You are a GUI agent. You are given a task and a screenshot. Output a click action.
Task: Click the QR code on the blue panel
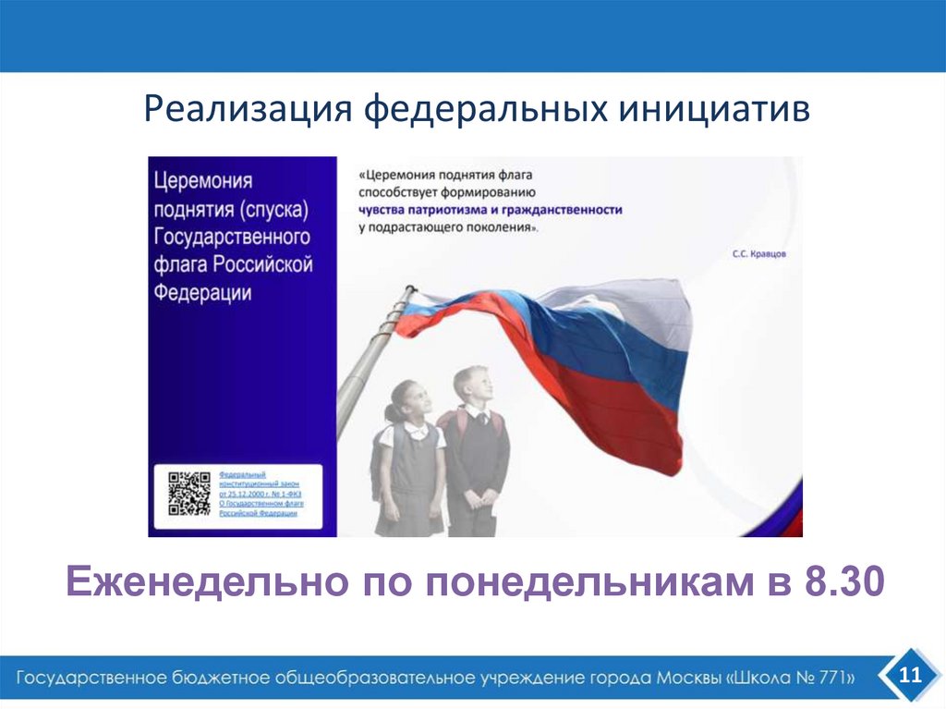(188, 493)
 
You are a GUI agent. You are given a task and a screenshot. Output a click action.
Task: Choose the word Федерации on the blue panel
(203, 293)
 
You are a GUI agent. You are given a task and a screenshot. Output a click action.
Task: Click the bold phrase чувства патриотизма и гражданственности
(491, 210)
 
